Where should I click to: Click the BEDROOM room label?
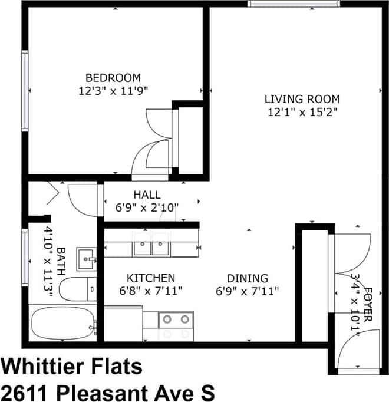113,78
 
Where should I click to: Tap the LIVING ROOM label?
302,99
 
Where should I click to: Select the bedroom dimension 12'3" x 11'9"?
113,91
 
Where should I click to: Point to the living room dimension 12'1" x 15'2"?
301,112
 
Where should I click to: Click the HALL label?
147,195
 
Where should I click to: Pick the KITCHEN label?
151,278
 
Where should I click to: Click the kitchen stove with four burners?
176,325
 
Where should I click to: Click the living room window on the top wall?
294,4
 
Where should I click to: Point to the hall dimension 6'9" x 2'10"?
147,207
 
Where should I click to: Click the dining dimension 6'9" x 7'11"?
248,291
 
